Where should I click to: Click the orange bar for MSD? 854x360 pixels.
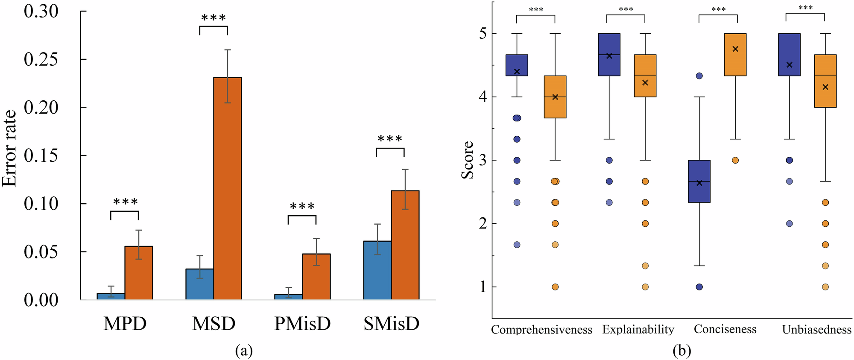228,188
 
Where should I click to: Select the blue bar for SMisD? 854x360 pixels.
377,270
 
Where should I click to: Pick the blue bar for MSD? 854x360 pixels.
199,284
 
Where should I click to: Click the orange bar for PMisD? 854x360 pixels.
316,276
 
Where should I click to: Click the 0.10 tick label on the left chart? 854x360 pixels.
41,204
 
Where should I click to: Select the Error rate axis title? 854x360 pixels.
9,149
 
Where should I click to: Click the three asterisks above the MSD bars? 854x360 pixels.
213,18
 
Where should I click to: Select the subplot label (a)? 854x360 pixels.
244,351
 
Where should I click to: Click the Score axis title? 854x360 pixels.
468,160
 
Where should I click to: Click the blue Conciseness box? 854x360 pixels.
699,181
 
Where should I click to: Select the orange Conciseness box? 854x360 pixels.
735,55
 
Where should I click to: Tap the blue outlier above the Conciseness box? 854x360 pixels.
699,76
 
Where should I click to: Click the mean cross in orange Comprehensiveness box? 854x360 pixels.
555,97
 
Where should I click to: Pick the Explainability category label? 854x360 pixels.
638,330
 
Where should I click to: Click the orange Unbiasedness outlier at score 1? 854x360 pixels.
825,287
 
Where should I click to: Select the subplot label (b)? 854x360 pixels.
682,351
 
